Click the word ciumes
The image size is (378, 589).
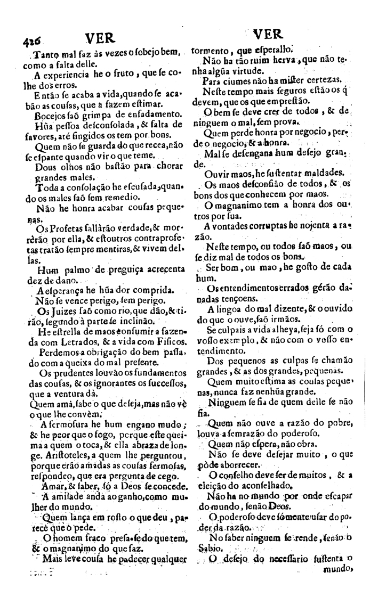(230, 81)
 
